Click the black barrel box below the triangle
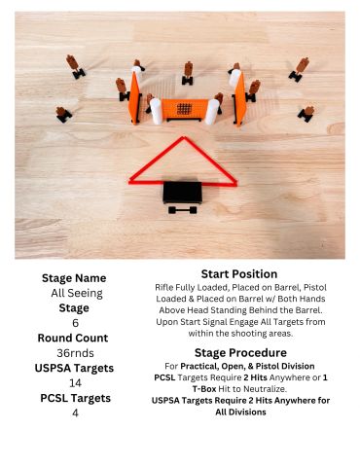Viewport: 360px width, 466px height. tap(182, 193)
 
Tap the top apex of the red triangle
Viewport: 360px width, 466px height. tap(184, 138)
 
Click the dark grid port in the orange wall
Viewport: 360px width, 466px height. tap(184, 109)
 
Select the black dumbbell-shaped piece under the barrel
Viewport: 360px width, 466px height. tap(182, 210)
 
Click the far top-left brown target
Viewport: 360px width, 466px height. tap(75, 66)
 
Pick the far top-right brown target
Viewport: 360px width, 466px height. tap(300, 69)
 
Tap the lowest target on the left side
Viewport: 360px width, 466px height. tap(63, 114)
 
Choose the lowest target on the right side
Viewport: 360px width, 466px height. tap(306, 114)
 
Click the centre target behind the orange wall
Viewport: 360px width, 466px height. tap(188, 73)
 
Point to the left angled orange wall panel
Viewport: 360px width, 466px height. tap(134, 98)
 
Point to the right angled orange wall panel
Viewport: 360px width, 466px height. tap(239, 99)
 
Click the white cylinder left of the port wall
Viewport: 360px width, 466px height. tap(156, 111)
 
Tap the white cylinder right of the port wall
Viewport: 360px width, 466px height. tap(212, 112)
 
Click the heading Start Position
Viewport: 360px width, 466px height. tap(239, 274)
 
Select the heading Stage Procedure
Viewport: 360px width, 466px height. tap(240, 352)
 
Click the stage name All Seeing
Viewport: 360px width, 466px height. tap(77, 293)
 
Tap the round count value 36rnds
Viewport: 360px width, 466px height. tap(75, 353)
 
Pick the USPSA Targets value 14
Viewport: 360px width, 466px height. tap(75, 383)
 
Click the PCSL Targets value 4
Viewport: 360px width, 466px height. tap(75, 413)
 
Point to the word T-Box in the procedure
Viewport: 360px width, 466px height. tap(204, 389)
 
